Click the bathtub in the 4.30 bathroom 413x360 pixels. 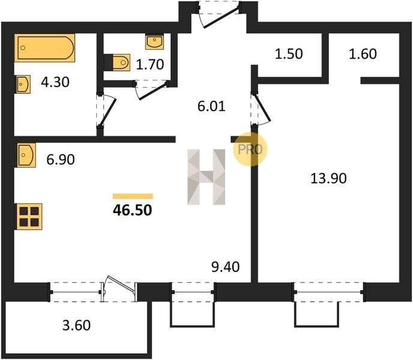pyautogui.click(x=44, y=47)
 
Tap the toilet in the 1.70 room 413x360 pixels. pyautogui.click(x=117, y=62)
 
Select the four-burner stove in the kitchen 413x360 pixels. pyautogui.click(x=29, y=217)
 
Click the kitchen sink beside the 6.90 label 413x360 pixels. pyautogui.click(x=26, y=155)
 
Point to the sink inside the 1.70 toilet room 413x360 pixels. pyautogui.click(x=154, y=41)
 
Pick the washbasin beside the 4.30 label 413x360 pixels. pyautogui.click(x=23, y=84)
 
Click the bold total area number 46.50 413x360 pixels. pyautogui.click(x=133, y=210)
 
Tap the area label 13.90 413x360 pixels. pyautogui.click(x=328, y=178)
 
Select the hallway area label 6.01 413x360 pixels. pyautogui.click(x=211, y=106)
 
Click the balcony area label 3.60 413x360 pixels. pyautogui.click(x=76, y=325)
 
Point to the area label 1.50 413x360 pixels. pyautogui.click(x=289, y=54)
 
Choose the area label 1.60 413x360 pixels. pyautogui.click(x=363, y=54)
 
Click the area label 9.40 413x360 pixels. pyautogui.click(x=226, y=267)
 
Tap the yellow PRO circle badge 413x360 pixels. pyautogui.click(x=250, y=149)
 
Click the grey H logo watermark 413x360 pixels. pyautogui.click(x=206, y=177)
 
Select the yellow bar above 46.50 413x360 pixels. pyautogui.click(x=133, y=196)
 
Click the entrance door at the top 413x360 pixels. pyautogui.click(x=219, y=14)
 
